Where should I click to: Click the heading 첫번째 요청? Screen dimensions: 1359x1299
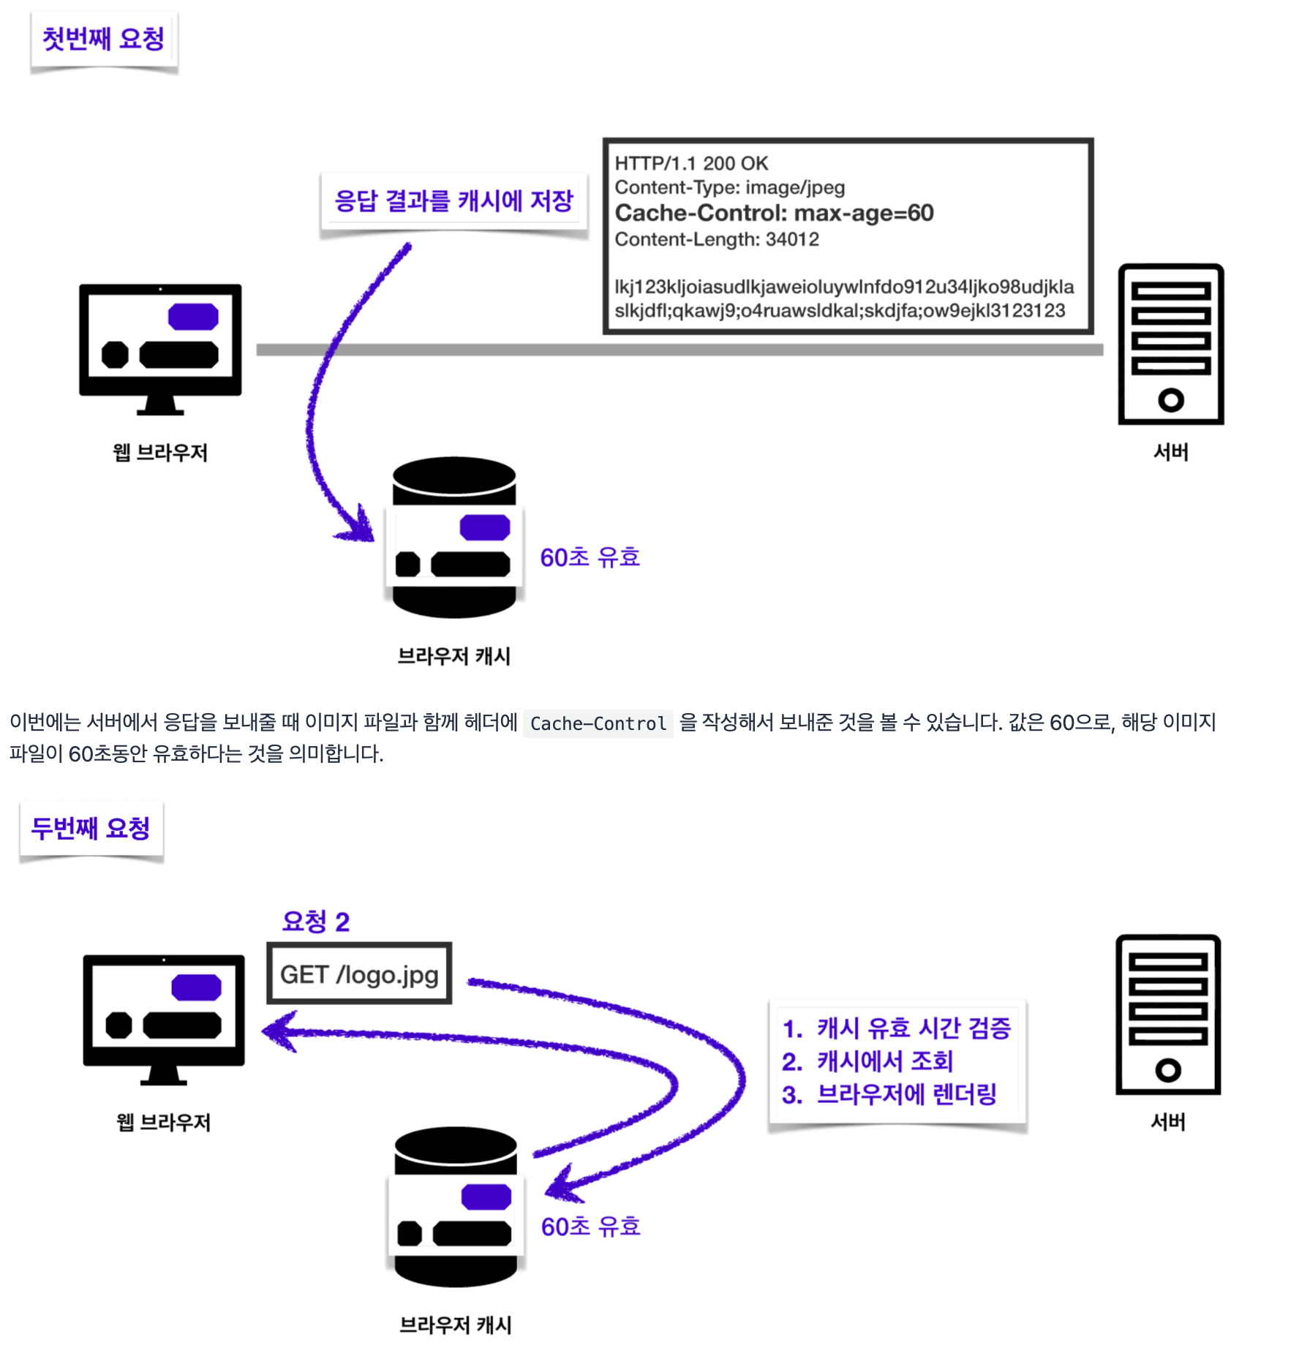coord(103,39)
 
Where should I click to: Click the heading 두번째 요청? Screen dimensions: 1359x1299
coord(91,829)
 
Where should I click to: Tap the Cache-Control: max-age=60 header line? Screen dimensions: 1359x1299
coord(774,213)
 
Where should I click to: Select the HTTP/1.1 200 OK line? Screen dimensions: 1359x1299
coord(691,163)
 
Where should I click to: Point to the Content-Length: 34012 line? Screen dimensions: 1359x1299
coord(716,239)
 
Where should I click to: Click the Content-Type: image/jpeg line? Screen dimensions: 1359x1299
coord(729,188)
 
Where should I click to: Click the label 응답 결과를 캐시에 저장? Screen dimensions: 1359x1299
coord(453,200)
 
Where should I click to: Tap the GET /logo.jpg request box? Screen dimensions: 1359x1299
coord(359,974)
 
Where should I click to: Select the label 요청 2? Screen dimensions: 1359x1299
coord(316,922)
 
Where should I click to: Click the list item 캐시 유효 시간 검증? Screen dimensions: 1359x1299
coord(913,1028)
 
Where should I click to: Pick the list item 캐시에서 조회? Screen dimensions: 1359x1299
coord(884,1061)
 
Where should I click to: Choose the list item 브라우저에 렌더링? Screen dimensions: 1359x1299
coord(906,1094)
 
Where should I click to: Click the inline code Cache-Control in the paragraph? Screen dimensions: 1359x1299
coord(598,723)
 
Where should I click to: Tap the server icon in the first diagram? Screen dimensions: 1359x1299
coord(1170,344)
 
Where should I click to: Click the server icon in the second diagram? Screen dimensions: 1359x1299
coord(1168,1014)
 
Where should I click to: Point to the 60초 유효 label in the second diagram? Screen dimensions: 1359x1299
coord(590,1227)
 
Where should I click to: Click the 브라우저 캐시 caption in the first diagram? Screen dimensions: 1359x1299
coord(453,656)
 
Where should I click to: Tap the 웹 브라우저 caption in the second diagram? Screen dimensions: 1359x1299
coord(163,1122)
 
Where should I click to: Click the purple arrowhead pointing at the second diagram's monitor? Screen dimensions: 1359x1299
coord(279,1031)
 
